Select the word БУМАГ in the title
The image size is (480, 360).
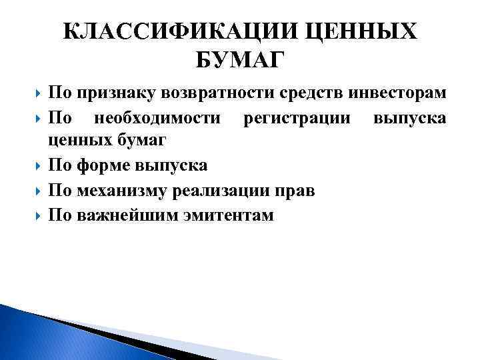tap(240, 60)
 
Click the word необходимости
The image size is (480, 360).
tap(157, 118)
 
